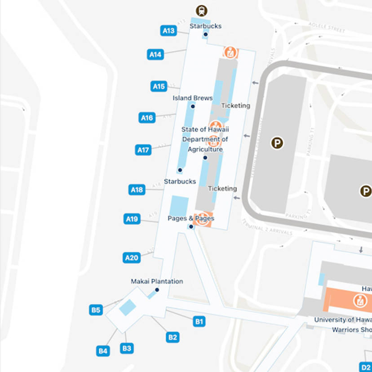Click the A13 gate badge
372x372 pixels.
tap(168, 31)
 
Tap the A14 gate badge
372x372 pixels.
tap(155, 54)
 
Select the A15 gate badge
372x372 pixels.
tap(159, 86)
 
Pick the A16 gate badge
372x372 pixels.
tap(147, 118)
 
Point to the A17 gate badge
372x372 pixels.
tap(143, 150)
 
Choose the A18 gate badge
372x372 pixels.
tap(137, 190)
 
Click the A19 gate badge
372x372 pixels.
tap(132, 219)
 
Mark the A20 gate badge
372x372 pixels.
tap(131, 258)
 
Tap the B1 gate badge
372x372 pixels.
tap(199, 321)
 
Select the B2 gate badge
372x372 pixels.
tap(173, 337)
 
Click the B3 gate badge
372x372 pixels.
tap(127, 348)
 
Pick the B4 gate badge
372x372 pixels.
tap(103, 351)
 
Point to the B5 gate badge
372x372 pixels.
tap(96, 310)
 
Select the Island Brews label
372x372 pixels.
tap(192, 98)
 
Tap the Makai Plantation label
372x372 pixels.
tap(157, 281)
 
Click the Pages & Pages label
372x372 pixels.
tap(191, 218)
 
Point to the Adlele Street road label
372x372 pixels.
tap(327, 27)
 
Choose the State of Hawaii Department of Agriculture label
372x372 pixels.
tap(205, 139)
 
